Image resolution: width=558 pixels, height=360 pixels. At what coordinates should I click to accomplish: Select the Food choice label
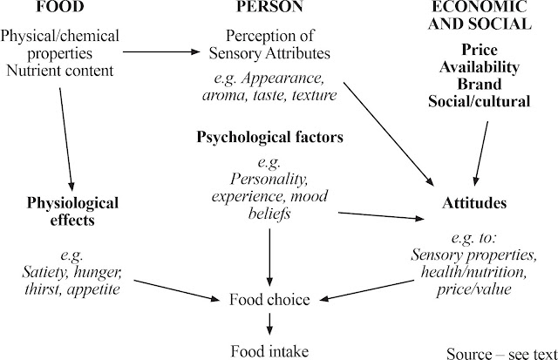click(269, 300)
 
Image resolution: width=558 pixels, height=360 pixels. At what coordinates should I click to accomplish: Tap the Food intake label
click(269, 351)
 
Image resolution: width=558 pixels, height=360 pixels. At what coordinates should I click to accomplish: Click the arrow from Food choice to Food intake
click(269, 325)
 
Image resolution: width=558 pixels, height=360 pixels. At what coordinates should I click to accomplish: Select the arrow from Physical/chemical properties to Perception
click(167, 52)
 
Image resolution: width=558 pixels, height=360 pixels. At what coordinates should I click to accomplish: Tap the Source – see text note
click(500, 353)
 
